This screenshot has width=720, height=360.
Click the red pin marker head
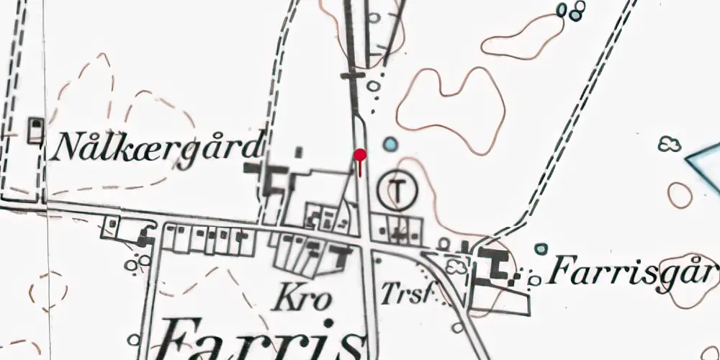coord(360,154)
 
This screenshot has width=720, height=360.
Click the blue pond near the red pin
coord(390,145)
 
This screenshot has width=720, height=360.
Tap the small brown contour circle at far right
coord(680,194)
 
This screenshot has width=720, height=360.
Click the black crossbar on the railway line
coord(352,74)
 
